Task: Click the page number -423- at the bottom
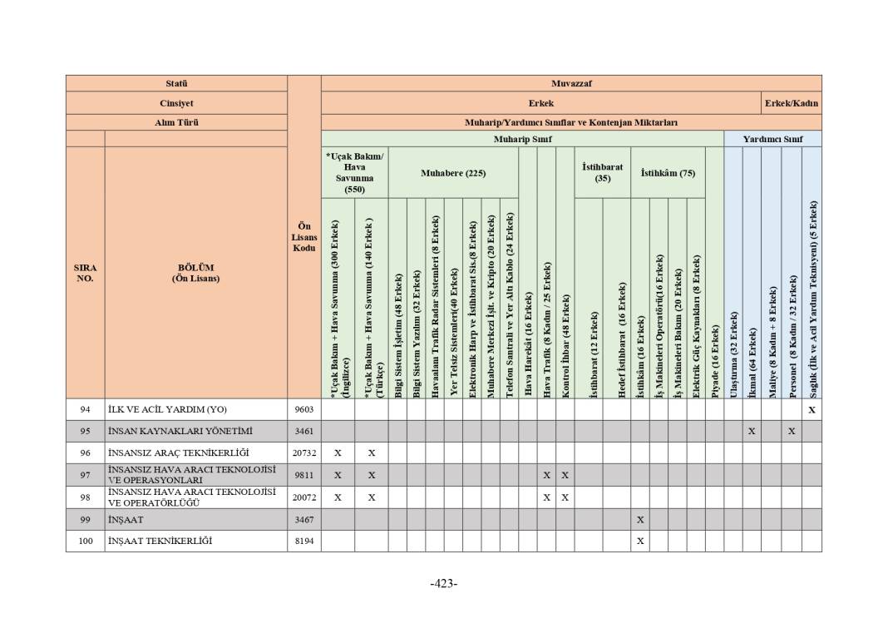tap(443, 584)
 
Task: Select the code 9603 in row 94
tap(303, 410)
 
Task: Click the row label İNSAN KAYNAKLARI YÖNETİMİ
tap(179, 432)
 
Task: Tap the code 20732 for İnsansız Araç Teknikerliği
tap(303, 453)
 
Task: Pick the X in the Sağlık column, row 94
tap(812, 410)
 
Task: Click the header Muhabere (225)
tap(452, 173)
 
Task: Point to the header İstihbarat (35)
tap(602, 172)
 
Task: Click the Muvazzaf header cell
tap(571, 83)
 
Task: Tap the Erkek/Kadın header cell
tap(792, 103)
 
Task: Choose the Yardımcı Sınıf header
tap(772, 139)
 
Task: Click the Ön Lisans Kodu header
tap(303, 237)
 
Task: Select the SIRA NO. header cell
tap(85, 273)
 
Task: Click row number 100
tap(85, 541)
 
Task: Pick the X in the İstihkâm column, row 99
tap(640, 520)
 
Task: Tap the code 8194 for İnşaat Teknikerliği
tap(303, 541)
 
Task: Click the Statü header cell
tap(176, 83)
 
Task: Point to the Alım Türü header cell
tap(176, 122)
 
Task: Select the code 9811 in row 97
tap(303, 475)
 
